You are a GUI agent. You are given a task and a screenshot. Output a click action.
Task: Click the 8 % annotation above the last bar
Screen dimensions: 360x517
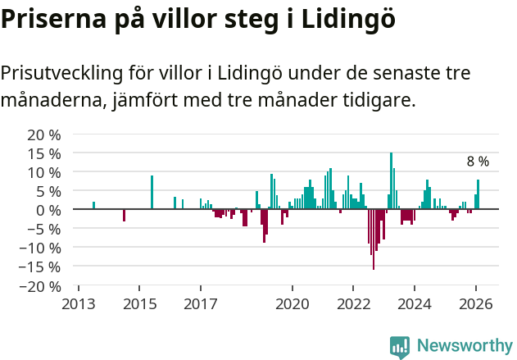coord(478,162)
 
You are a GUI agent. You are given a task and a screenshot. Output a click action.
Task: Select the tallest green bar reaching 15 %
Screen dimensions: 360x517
coord(391,181)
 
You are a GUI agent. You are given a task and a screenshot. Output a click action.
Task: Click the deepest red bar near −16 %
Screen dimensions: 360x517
coord(374,239)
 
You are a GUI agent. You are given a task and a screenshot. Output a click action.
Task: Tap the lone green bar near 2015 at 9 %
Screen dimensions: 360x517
coord(152,193)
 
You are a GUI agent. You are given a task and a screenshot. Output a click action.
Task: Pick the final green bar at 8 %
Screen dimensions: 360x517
coord(478,194)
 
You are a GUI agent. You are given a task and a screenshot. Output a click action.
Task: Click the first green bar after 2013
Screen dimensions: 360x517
coord(93,206)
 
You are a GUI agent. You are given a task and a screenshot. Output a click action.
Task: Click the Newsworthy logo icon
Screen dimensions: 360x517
coord(400,347)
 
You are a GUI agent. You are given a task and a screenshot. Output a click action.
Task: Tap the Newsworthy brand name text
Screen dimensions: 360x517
coord(465,346)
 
